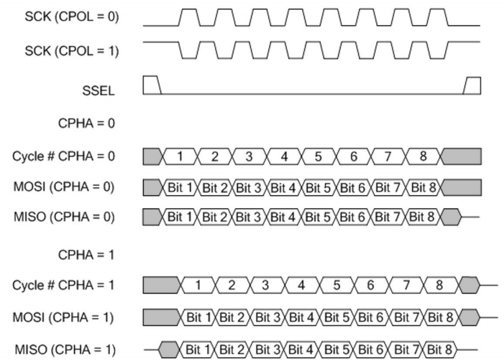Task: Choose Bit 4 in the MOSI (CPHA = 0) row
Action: coord(286,187)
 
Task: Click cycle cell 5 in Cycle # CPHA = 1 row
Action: coord(337,286)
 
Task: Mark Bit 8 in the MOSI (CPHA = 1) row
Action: coord(441,317)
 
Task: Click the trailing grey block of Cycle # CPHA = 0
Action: coord(462,156)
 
